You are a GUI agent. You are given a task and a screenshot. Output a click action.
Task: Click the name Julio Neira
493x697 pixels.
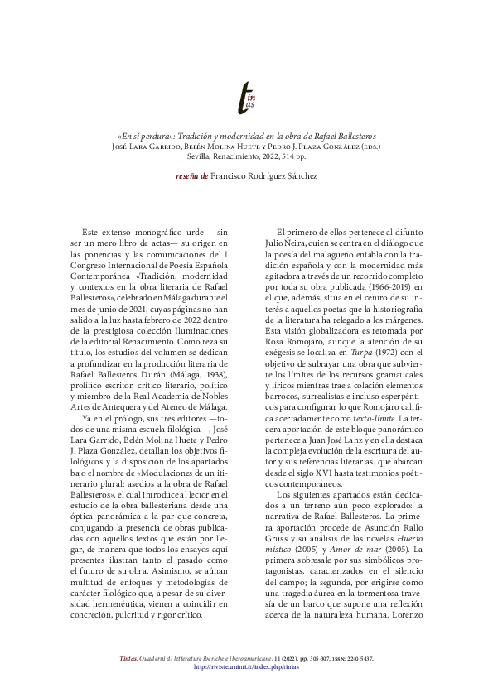[x=292, y=245]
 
